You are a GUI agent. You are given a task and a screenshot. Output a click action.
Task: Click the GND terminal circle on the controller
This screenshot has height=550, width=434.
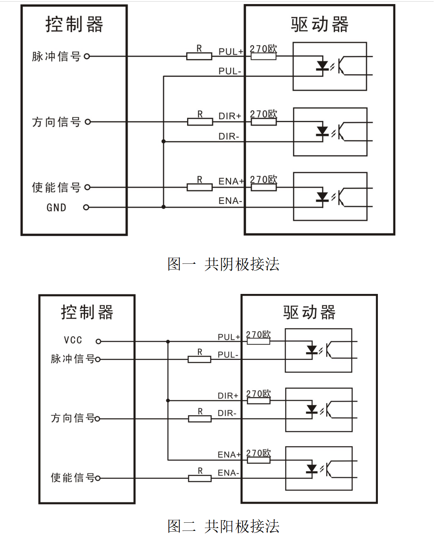(86, 208)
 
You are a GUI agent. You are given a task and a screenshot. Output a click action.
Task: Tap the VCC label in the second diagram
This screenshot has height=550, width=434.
(73, 340)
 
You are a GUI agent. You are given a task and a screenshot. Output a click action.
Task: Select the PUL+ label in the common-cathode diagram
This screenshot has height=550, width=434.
(231, 52)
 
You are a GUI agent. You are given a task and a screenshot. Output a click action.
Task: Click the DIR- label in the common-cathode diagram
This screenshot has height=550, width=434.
(229, 136)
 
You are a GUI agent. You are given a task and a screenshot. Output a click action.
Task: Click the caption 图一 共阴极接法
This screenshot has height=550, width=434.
(223, 264)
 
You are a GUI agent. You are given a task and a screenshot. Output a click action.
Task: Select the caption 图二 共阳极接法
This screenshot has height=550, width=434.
(223, 526)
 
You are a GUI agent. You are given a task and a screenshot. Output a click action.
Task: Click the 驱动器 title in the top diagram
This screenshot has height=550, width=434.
(320, 24)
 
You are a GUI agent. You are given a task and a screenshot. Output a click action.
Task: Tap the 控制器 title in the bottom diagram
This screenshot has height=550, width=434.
(87, 312)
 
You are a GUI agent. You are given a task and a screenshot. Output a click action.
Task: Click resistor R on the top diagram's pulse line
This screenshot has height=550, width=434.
(199, 56)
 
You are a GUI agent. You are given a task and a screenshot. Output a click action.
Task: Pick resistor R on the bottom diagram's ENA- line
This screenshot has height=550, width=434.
(200, 478)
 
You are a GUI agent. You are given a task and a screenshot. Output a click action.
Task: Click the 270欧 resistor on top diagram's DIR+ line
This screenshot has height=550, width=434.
(264, 121)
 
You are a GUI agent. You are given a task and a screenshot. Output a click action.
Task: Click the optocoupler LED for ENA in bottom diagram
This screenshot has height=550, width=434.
(312, 469)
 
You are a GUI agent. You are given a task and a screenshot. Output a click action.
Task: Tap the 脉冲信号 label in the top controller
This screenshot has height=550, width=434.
(56, 57)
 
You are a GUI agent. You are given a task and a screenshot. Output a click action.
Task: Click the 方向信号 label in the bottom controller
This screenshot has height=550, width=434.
(72, 418)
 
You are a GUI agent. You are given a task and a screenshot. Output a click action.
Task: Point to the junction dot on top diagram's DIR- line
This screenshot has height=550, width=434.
(164, 141)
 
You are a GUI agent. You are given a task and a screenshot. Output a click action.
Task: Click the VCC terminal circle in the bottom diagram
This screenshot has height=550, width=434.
(98, 341)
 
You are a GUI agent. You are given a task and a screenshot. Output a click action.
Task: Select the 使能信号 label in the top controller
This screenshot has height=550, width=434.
(56, 187)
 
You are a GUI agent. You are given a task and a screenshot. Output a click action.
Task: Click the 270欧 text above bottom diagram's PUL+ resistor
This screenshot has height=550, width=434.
(258, 335)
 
